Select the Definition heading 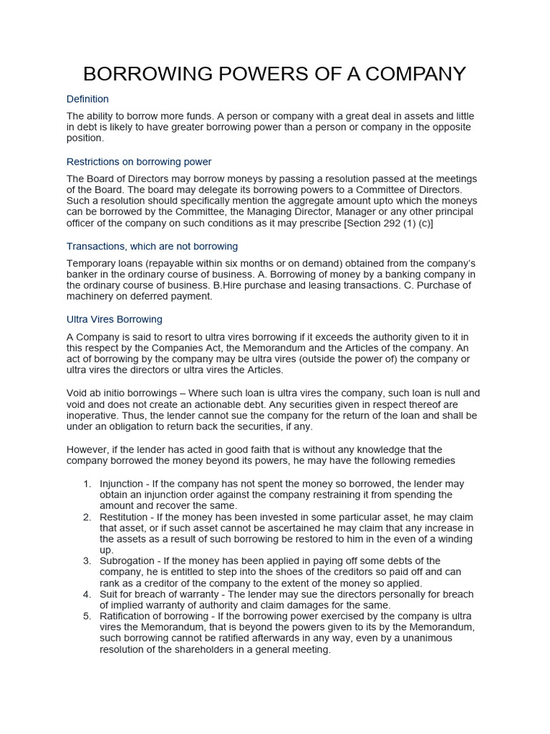pyautogui.click(x=87, y=99)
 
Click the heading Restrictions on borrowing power pyautogui.click(x=139, y=162)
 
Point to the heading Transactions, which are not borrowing pyautogui.click(x=152, y=247)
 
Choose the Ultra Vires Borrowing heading pyautogui.click(x=115, y=320)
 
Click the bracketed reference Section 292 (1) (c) pyautogui.click(x=389, y=223)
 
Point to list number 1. pyautogui.click(x=87, y=484)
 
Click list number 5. pyautogui.click(x=87, y=616)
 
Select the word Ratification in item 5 pyautogui.click(x=128, y=616)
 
